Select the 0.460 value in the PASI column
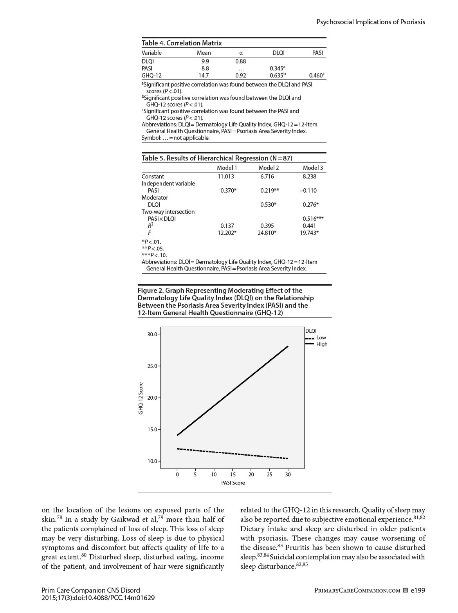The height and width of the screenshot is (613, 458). (316, 76)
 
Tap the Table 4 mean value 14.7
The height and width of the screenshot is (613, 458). (204, 76)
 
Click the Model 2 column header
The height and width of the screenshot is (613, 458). (269, 168)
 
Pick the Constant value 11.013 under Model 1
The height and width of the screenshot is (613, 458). (226, 177)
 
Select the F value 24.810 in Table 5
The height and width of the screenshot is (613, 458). (267, 233)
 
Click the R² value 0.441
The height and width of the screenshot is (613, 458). (309, 226)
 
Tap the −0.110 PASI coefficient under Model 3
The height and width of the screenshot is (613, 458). (308, 191)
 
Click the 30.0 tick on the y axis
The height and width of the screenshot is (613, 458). (152, 334)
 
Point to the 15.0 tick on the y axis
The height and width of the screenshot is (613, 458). (152, 429)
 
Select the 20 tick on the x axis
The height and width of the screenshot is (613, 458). (251, 474)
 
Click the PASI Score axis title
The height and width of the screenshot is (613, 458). (233, 483)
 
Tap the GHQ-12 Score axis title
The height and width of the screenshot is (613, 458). (141, 398)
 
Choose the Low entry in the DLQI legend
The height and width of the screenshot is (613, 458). (321, 338)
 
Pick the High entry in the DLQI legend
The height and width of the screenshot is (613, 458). (322, 344)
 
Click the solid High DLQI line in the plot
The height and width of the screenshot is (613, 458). (233, 391)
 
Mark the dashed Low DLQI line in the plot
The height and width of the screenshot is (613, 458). (233, 454)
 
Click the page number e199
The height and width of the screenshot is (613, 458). (418, 590)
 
